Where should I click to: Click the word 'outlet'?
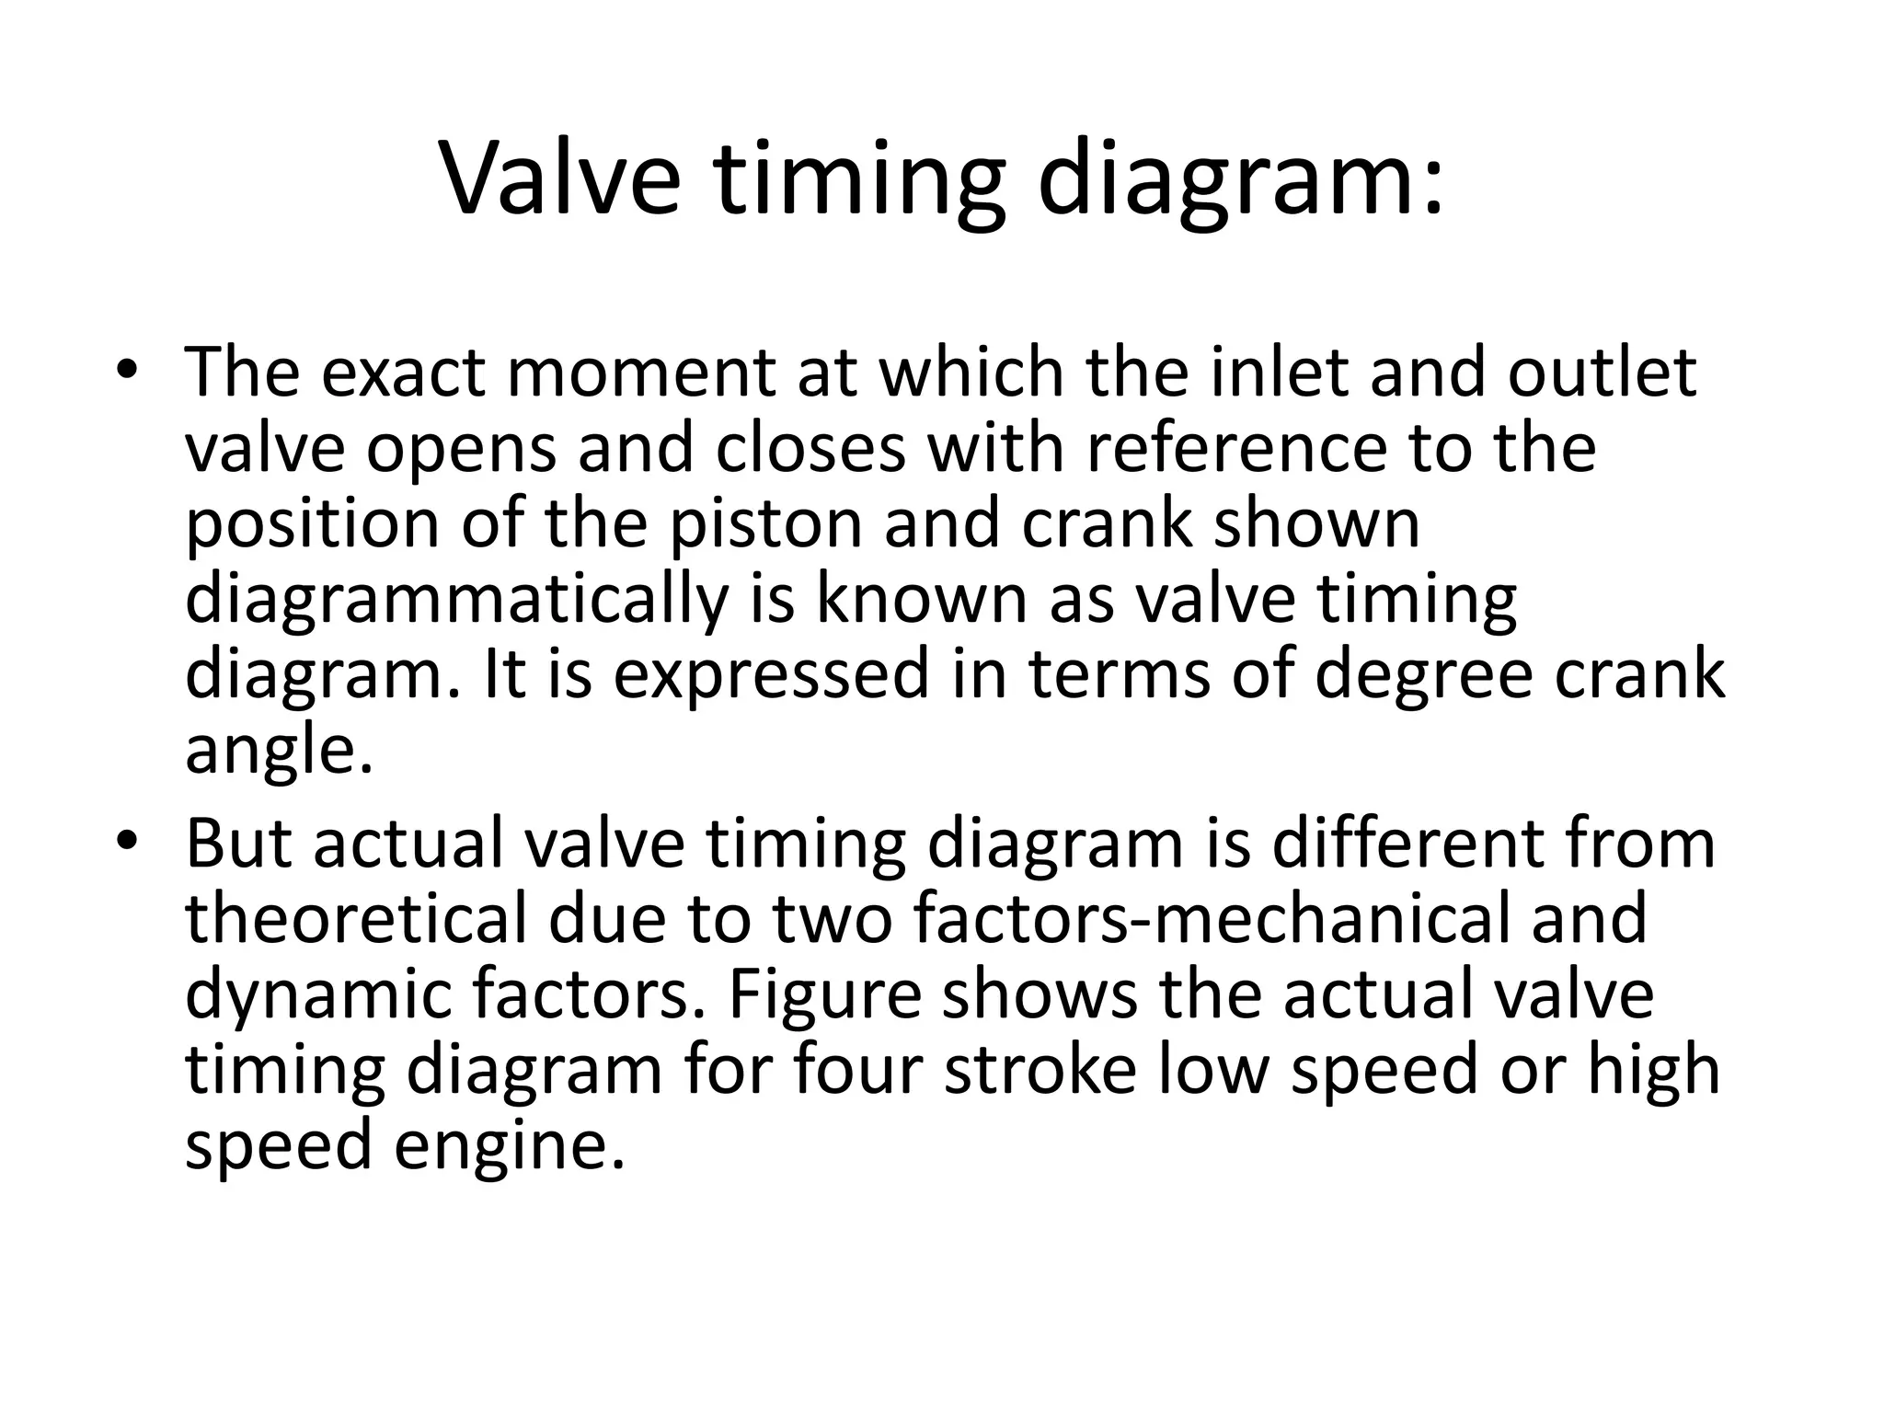tap(1602, 373)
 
